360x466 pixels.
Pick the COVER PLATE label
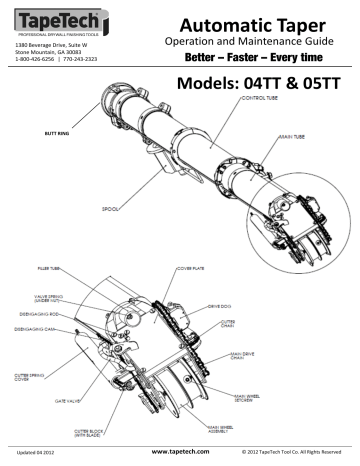point(194,268)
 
